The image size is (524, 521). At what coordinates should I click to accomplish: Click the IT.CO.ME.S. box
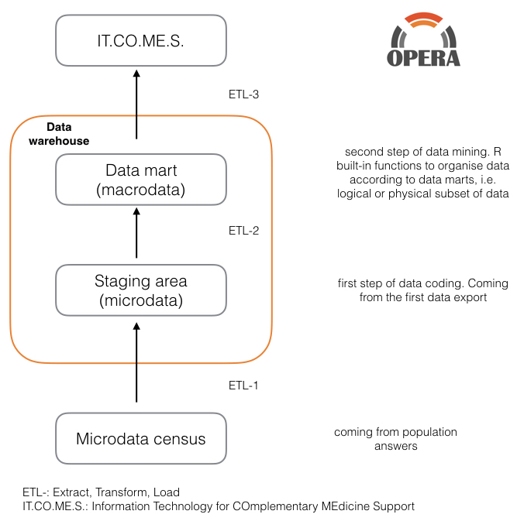click(x=141, y=40)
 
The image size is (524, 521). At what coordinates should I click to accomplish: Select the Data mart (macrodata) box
click(x=141, y=180)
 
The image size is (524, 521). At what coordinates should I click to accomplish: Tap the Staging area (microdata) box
click(x=141, y=290)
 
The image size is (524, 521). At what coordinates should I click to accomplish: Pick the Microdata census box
click(x=141, y=439)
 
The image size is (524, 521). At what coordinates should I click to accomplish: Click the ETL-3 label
click(x=243, y=94)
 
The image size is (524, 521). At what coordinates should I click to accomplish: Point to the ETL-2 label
click(x=243, y=231)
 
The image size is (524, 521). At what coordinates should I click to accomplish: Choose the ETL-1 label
click(x=243, y=386)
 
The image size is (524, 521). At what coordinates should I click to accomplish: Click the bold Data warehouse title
click(x=59, y=134)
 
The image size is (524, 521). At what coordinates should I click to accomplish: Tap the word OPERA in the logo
click(x=423, y=58)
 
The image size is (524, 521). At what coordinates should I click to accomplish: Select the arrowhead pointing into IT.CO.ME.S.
click(x=136, y=74)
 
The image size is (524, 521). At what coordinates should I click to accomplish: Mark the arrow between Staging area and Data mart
click(x=136, y=233)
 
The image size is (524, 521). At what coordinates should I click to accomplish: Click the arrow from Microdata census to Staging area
click(x=136, y=362)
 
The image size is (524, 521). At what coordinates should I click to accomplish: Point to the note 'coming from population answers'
click(x=395, y=439)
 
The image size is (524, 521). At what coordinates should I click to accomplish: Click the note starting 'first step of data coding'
click(x=423, y=290)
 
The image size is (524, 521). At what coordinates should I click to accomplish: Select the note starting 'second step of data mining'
click(x=422, y=173)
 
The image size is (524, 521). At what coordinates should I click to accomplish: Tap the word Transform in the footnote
click(x=122, y=492)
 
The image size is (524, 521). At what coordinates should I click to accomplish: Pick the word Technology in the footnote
click(x=182, y=506)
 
